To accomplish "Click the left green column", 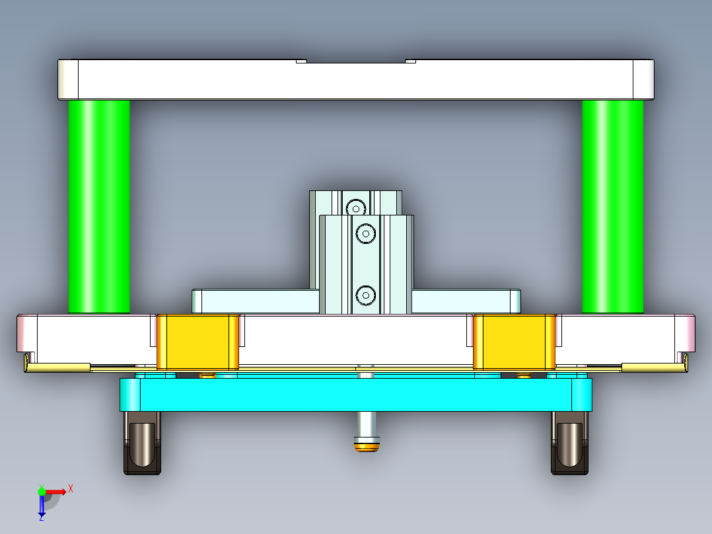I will coord(99,206).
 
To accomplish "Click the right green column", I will coord(612,206).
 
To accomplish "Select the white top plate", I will coord(355,80).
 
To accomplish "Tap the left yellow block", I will coord(197,341).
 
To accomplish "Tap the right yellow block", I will coord(515,341).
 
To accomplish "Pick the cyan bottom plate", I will coord(355,395).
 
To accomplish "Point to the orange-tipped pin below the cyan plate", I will coord(367,447).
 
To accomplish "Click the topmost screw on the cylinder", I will coord(357,208).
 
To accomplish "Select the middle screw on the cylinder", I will coord(365,233).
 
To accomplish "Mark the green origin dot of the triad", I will coord(42,491).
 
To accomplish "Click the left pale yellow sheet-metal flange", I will coord(58,367).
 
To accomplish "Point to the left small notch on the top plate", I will coord(301,61).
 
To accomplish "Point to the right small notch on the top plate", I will coord(410,61).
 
